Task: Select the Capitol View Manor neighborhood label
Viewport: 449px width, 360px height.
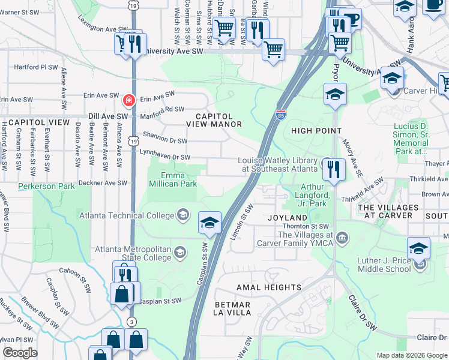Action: [214, 120]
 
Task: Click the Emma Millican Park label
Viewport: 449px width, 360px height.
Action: [172, 179]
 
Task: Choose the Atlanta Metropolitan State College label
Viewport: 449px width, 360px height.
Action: [132, 254]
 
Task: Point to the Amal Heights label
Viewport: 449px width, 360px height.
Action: [268, 287]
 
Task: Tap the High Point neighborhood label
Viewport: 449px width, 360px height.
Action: [316, 131]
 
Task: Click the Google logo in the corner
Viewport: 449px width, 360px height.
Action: [20, 353]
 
